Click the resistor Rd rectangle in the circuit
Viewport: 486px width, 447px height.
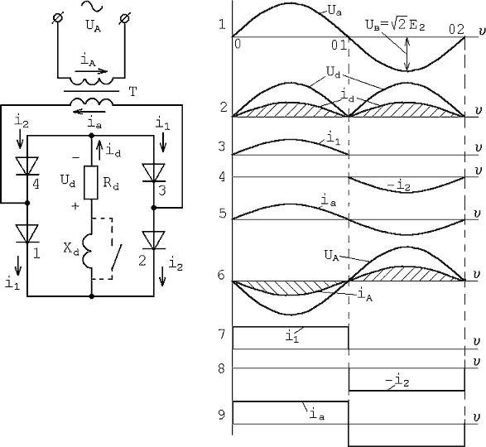(91, 182)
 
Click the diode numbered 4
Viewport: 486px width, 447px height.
(27, 166)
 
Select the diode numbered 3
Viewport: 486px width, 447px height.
(154, 173)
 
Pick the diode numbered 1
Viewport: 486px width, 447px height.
(27, 233)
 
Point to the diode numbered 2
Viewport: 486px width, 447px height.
(154, 240)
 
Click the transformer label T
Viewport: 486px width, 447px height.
(132, 92)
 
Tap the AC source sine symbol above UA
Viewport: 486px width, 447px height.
(92, 6)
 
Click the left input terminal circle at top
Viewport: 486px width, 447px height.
(58, 18)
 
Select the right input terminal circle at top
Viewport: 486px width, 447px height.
(124, 18)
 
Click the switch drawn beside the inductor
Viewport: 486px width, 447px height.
(116, 257)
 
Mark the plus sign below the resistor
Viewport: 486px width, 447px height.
(75, 206)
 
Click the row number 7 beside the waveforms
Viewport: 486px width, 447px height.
(221, 334)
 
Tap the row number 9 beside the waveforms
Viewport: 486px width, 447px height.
(221, 415)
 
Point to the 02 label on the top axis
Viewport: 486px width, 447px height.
(456, 30)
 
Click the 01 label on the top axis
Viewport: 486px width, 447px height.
(339, 46)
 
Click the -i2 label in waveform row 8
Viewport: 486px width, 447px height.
(398, 381)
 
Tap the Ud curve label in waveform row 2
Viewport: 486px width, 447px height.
(334, 72)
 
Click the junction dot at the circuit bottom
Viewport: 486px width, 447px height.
(91, 296)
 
